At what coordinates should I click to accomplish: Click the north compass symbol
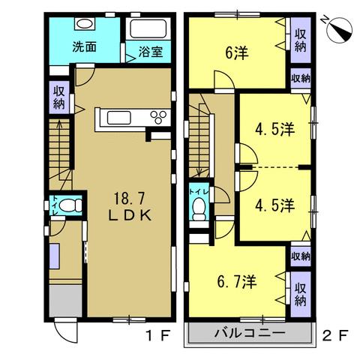click(338, 29)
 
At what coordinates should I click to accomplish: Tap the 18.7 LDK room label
click(130, 207)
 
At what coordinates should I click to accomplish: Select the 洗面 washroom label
click(85, 46)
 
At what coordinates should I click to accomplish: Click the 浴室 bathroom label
click(151, 52)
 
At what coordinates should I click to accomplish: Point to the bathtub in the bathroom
click(148, 28)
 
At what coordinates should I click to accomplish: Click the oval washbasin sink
click(85, 24)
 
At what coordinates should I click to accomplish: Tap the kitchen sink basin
click(119, 118)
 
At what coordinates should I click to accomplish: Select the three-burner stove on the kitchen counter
click(158, 117)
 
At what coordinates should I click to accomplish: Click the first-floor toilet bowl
click(70, 205)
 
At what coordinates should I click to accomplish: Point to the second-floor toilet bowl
click(199, 209)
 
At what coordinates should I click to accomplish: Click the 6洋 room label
click(236, 53)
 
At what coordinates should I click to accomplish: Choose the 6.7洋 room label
click(237, 281)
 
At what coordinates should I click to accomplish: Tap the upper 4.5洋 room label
click(274, 130)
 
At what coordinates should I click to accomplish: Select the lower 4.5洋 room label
click(274, 205)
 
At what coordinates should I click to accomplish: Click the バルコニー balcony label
click(250, 333)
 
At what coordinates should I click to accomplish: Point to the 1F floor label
click(158, 335)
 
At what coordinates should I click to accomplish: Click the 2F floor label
click(334, 335)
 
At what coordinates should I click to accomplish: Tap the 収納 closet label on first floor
click(59, 97)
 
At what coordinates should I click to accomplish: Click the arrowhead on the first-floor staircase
click(59, 123)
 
